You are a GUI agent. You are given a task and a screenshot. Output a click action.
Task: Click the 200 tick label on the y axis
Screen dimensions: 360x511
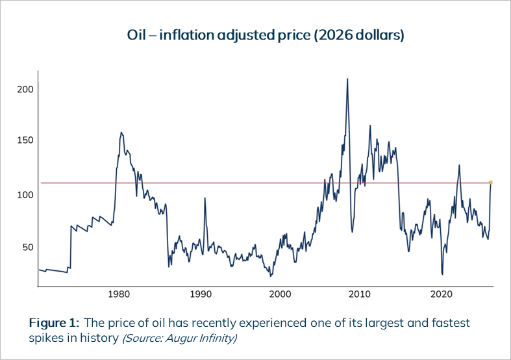tap(24, 90)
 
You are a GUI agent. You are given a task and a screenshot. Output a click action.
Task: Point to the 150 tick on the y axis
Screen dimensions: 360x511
tap(24, 141)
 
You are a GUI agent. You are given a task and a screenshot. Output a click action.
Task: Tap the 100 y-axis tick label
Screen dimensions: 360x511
tap(24, 194)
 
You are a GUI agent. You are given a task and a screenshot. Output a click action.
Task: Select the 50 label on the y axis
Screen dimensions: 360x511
tap(27, 248)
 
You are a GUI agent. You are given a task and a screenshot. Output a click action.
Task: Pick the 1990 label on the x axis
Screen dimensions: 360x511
tap(199, 294)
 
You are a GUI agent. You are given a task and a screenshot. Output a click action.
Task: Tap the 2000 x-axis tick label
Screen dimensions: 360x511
tap(280, 294)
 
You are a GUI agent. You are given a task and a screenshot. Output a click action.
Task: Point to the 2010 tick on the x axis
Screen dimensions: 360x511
tap(361, 294)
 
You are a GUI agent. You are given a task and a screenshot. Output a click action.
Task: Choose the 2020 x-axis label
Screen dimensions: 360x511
tap(442, 294)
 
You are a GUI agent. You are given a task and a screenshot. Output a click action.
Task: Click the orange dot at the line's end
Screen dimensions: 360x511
tap(490, 183)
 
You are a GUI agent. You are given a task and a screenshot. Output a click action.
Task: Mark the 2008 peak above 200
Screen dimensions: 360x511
tap(347, 79)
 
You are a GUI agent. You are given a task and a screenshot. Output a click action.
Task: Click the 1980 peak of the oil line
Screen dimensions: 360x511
tap(121, 133)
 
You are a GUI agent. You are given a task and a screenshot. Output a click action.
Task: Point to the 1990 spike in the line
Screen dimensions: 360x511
tap(205, 198)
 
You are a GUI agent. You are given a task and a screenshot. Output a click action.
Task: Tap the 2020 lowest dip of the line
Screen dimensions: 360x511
tap(442, 274)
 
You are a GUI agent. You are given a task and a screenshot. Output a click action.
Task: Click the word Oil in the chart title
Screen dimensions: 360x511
tap(136, 35)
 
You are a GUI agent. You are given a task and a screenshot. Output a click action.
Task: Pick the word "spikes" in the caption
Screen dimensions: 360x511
tap(45, 338)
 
